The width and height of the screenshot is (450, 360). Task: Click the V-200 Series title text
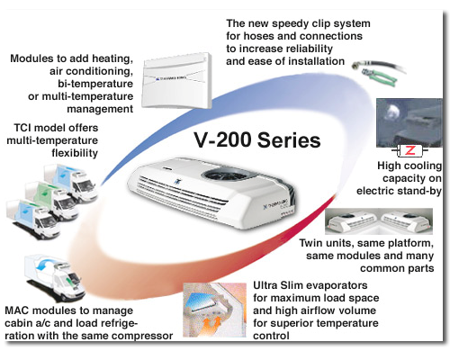coord(257,139)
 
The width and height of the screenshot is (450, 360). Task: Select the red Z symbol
coord(409,150)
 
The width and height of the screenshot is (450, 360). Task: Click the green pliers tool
coord(380,77)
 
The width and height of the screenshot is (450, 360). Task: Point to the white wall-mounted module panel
coord(177,80)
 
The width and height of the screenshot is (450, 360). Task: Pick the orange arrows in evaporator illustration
coord(211,324)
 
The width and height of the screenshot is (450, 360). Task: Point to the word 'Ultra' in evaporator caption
coord(265,285)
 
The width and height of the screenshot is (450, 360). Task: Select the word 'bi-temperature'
coord(95,84)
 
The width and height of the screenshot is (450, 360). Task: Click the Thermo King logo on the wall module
coord(171,78)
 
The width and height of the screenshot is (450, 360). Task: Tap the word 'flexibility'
coord(75,153)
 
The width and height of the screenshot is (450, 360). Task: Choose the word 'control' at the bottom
coord(271,336)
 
